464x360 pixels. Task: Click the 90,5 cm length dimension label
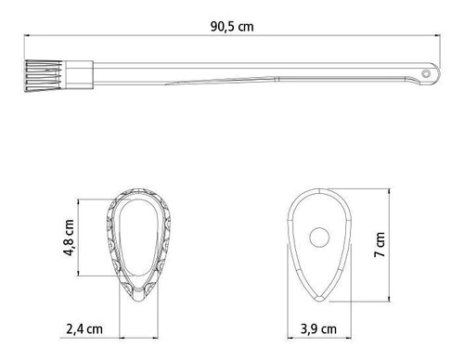coord(232,27)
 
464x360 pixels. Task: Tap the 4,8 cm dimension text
coord(69,238)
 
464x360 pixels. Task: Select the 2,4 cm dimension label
coord(84,329)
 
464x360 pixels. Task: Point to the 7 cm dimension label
coord(380,245)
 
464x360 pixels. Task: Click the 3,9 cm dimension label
coord(318,329)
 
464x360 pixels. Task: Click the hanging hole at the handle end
coord(426,73)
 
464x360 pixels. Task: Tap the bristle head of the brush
coord(44,76)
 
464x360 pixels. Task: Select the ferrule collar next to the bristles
coord(79,75)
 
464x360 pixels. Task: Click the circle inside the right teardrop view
coord(319,238)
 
